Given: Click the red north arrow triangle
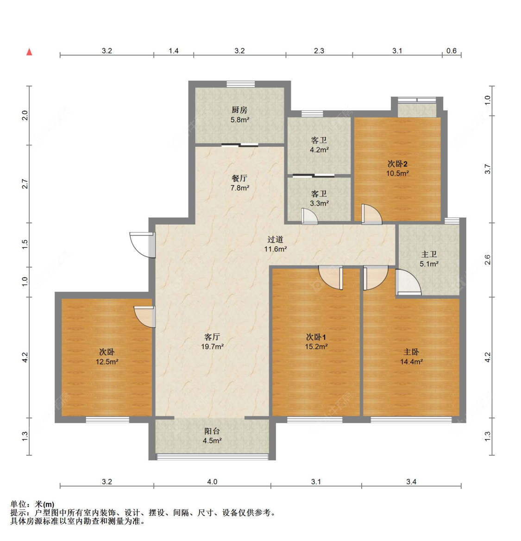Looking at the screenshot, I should coord(29,52).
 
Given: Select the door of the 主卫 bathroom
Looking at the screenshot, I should coord(408,283).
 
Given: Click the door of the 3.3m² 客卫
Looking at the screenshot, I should coord(309,216).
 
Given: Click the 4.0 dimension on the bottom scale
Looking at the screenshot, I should coord(212,482).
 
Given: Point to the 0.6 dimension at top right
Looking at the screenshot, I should coord(452,51).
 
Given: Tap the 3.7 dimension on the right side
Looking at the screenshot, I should coord(487,169).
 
